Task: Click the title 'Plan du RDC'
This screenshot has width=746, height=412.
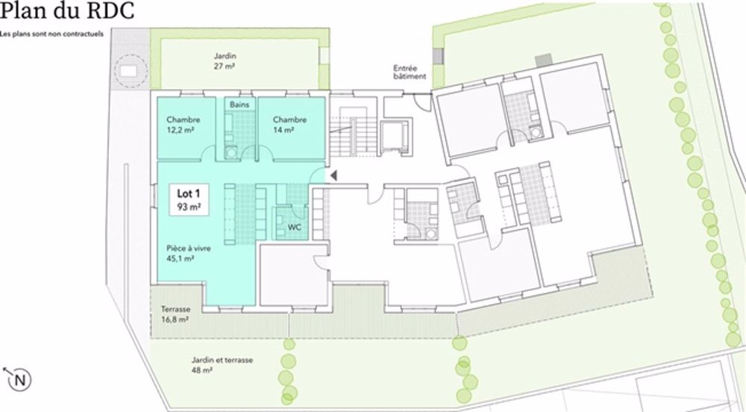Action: click(67, 13)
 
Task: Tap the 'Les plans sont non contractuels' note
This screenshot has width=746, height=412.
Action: click(51, 34)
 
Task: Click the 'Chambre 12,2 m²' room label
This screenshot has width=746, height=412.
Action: click(183, 125)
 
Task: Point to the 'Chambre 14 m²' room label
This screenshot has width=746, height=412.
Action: click(289, 125)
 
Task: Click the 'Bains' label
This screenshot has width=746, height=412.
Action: click(239, 104)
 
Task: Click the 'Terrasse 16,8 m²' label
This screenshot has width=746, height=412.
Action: click(175, 313)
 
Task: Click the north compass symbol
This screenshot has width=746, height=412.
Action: click(19, 379)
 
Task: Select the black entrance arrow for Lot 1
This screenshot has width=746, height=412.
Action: click(335, 175)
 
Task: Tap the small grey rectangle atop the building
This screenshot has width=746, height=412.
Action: click(543, 58)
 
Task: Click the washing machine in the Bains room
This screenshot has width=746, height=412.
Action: click(232, 152)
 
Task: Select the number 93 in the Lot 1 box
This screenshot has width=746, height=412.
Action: click(184, 206)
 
